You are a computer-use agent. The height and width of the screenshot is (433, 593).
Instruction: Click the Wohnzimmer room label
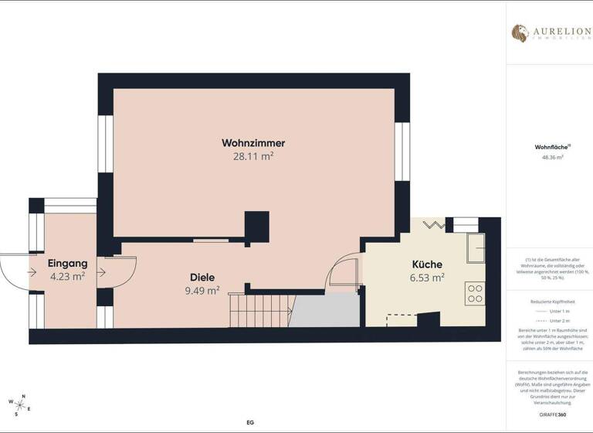coord(253,143)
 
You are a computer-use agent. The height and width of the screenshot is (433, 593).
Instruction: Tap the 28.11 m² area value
coord(253,155)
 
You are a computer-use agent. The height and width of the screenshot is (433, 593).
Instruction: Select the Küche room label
coord(426,264)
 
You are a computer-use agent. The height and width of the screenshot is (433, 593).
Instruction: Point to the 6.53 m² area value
coord(426,278)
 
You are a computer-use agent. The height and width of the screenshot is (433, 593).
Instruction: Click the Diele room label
coord(202,278)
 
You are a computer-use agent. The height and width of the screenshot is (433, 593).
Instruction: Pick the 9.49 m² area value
coord(202,291)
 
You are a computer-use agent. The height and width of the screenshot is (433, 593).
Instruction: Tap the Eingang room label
coord(67,264)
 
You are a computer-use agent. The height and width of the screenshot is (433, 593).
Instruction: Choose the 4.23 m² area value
coord(67,276)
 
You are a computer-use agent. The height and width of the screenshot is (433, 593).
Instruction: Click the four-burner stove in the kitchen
coord(474,292)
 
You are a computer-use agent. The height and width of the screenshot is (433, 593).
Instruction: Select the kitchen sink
coord(476,246)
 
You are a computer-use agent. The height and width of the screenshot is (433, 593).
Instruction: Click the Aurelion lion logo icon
coord(520,32)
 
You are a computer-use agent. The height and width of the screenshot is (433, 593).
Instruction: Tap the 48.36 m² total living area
coord(552,157)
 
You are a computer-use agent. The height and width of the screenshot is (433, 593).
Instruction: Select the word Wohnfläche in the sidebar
coord(550,146)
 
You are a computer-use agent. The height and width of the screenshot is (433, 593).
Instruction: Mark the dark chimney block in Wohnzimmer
coord(257,227)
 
